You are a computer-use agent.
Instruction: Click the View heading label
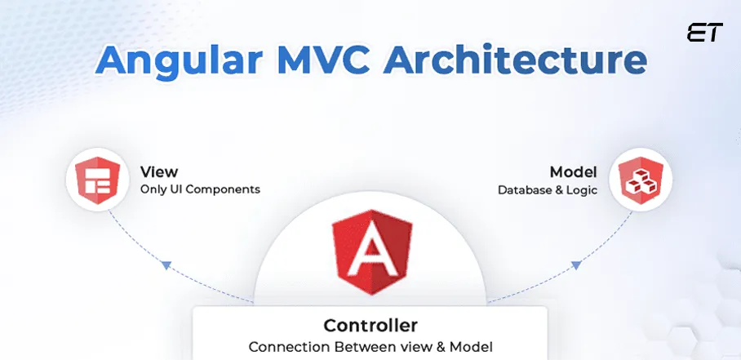point(158,172)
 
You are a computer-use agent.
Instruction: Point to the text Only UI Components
point(200,189)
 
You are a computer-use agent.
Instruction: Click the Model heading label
point(573,172)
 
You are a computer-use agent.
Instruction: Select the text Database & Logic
point(547,190)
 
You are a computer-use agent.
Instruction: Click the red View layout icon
point(96,181)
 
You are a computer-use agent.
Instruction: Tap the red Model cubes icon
point(641,181)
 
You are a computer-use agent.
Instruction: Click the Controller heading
point(370,325)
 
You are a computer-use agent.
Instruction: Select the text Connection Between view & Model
point(370,346)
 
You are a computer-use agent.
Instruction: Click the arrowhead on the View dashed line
point(166,264)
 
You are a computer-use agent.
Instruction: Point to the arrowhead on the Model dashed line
point(575,264)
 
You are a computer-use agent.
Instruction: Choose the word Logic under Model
point(583,190)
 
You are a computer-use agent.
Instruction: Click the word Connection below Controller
point(284,346)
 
